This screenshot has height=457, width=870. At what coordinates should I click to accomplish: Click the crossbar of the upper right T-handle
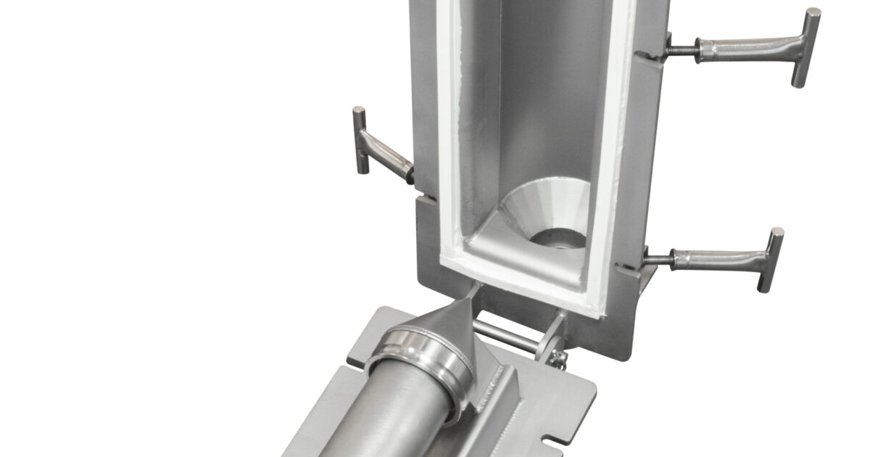point(811,48)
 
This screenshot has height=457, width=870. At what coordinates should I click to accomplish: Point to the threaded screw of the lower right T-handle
point(656,258)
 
